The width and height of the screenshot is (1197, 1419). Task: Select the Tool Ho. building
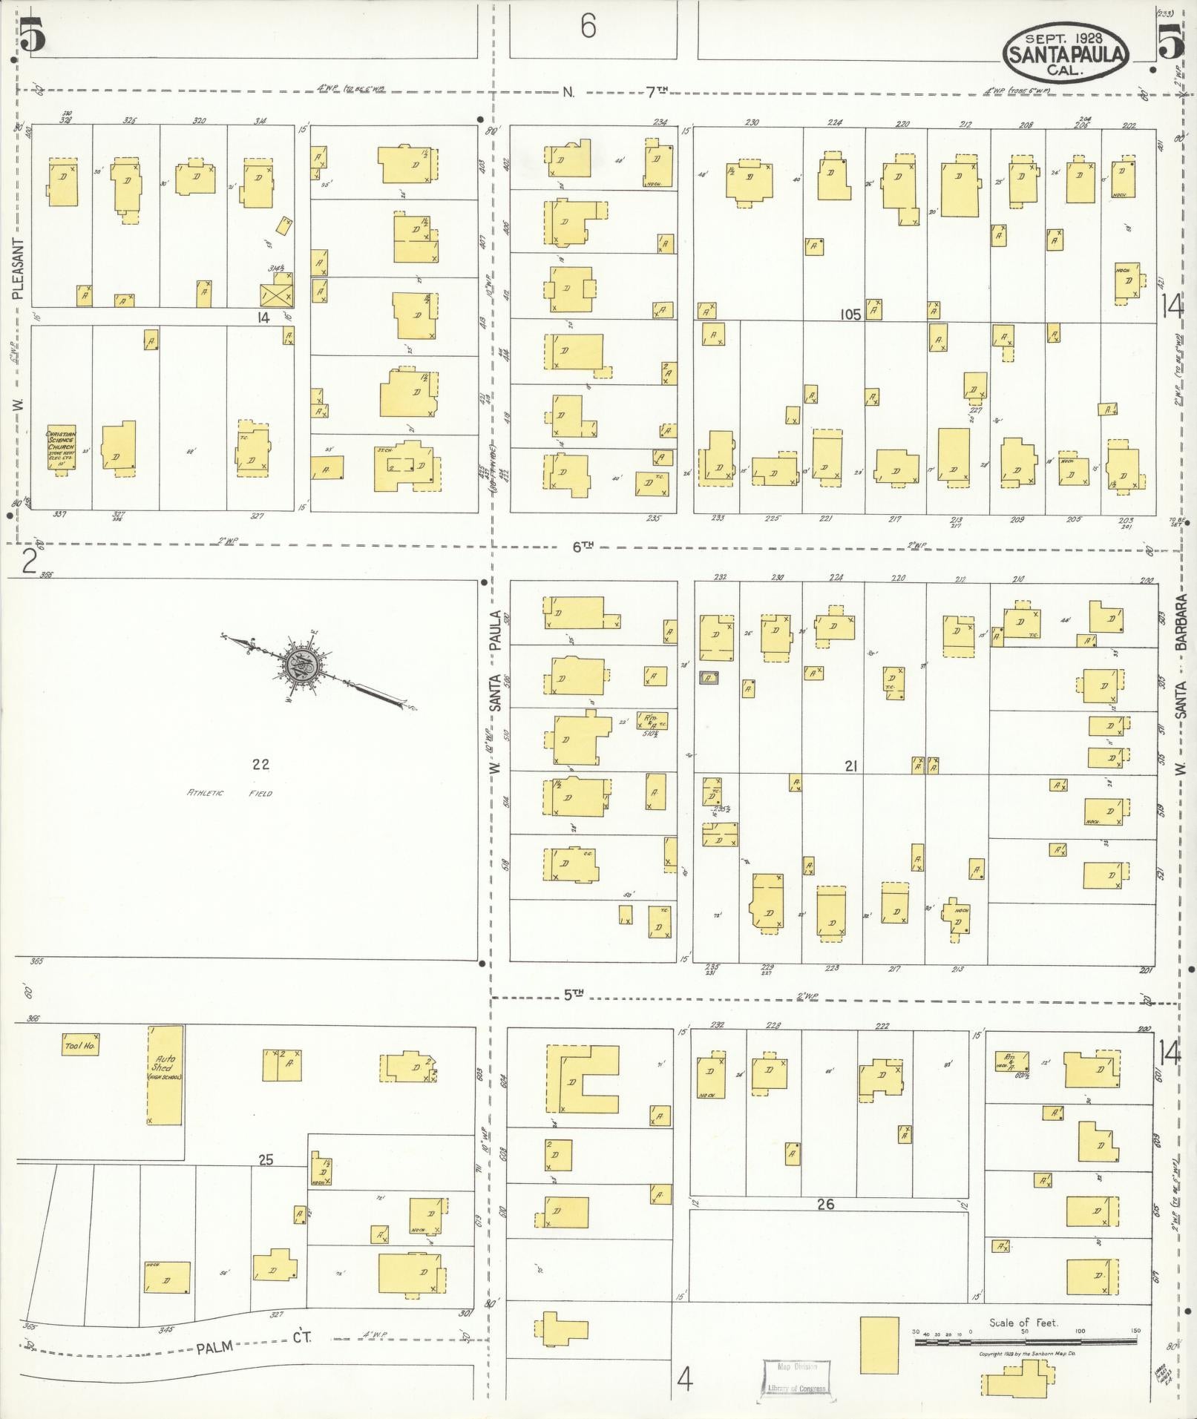81,1044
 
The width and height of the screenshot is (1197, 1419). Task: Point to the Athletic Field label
229,793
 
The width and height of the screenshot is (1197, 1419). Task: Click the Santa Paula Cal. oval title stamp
1065,51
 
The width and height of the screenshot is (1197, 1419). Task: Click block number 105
850,314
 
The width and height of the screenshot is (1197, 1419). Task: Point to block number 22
260,764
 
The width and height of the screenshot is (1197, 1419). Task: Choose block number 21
850,766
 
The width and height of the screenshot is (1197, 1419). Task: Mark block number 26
825,1204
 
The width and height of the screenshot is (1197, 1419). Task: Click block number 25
265,1159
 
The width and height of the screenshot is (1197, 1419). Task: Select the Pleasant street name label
19,269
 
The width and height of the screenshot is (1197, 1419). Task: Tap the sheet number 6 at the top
588,27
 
